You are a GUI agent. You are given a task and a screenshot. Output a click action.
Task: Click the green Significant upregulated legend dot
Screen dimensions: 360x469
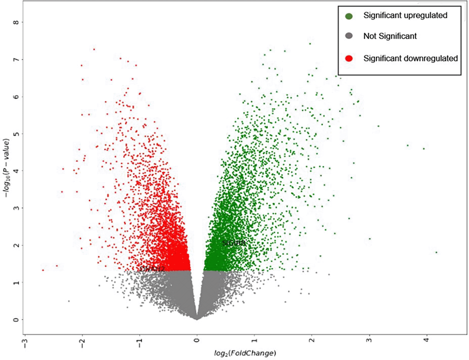tap(349, 16)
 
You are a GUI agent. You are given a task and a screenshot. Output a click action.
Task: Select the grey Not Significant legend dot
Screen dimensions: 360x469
tap(349, 36)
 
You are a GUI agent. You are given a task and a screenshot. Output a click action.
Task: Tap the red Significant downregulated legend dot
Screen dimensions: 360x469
tap(349, 58)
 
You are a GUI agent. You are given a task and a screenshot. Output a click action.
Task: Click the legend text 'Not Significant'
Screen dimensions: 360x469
tap(390, 36)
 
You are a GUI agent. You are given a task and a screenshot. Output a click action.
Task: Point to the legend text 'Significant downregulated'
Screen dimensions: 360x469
tap(411, 58)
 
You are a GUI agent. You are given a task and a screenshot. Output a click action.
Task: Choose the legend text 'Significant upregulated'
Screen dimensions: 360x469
tap(405, 15)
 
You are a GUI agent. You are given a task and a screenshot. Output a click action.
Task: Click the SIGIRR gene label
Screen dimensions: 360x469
tap(234, 243)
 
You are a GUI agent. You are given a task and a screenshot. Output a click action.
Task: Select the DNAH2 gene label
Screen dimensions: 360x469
tap(152, 269)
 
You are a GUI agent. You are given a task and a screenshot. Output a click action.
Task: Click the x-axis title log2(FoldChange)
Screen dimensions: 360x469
tap(245, 353)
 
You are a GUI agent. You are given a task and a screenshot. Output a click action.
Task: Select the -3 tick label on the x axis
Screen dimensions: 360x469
tap(25, 343)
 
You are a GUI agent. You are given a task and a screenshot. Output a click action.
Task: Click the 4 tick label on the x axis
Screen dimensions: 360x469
tap(427, 340)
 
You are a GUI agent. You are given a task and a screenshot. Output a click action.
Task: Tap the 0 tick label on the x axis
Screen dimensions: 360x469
tap(197, 340)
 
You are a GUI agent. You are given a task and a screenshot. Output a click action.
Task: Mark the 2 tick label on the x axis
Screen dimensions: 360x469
tap(312, 340)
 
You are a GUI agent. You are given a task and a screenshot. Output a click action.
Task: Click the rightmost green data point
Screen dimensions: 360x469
tap(436, 252)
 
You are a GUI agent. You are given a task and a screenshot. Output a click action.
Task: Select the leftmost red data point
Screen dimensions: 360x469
tap(43, 270)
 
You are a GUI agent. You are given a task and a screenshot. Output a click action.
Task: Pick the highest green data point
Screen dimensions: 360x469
tap(310, 44)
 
